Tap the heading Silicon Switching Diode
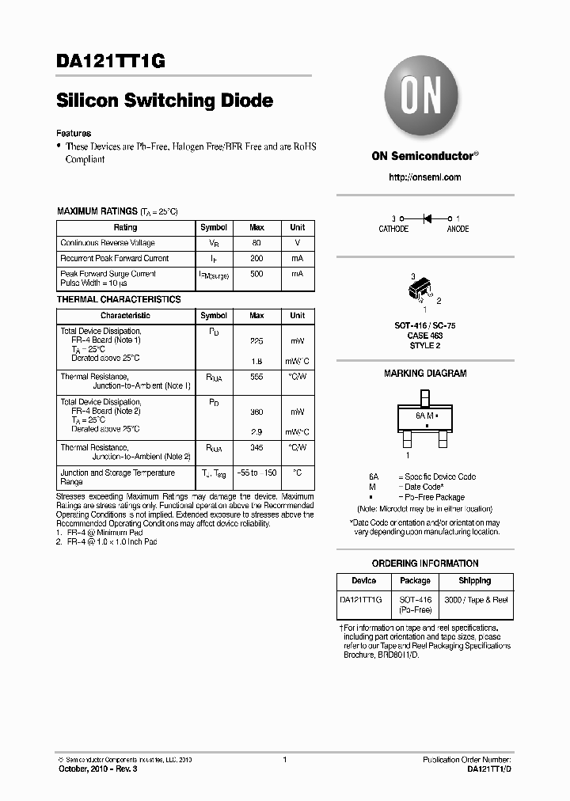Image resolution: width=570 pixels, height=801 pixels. pos(165,101)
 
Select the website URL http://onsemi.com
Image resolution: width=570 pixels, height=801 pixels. pos(425,177)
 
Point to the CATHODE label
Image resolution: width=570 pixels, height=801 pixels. pos(393,229)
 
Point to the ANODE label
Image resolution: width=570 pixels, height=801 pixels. pos(458,229)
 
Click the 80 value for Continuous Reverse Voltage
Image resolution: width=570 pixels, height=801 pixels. pos(256,243)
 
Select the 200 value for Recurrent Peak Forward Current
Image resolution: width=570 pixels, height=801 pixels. pos(256,258)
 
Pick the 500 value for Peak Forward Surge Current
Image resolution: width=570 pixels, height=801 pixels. pos(256,274)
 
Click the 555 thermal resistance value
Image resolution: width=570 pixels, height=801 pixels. pos(256,378)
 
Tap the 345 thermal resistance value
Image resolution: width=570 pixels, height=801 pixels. pos(256,448)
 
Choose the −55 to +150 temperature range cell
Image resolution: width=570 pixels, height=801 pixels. pos(256,473)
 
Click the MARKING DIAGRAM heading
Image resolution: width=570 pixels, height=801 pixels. pos(425,373)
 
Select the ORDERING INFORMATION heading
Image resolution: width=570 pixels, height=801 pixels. pos(425,564)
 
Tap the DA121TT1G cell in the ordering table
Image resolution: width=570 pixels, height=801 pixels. pos(361,601)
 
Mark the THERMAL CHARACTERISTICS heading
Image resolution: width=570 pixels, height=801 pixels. pos(119,299)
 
